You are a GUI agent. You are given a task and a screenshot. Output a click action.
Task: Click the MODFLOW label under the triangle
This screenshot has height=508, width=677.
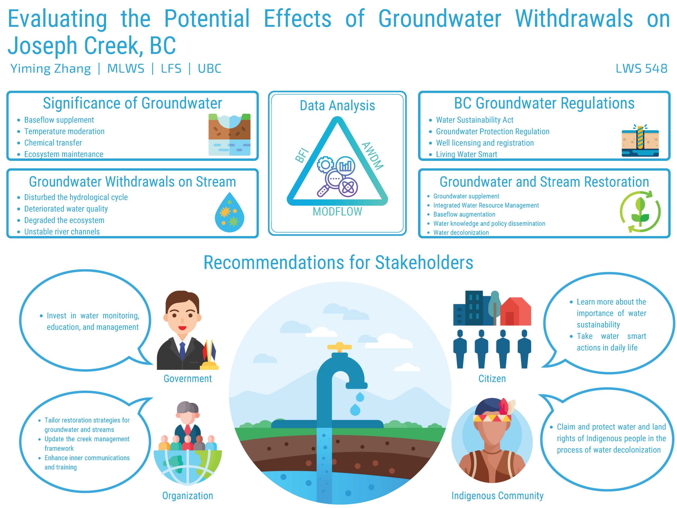[337, 212]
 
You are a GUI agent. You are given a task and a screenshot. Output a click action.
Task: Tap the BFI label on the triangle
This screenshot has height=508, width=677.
[302, 156]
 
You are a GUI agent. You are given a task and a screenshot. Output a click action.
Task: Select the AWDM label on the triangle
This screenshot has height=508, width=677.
[372, 156]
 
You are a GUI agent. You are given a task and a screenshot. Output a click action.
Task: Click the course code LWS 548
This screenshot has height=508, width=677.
[641, 68]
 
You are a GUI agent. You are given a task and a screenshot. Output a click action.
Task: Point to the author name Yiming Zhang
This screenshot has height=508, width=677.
[51, 69]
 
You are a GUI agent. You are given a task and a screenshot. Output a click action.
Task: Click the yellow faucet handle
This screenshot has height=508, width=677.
[339, 347]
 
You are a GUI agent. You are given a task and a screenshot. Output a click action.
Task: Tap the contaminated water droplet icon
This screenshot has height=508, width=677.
[230, 212]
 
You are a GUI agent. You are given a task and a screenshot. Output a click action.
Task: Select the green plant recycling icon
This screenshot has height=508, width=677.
[640, 211]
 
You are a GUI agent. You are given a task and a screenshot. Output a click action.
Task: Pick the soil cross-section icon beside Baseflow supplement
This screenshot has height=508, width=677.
[230, 134]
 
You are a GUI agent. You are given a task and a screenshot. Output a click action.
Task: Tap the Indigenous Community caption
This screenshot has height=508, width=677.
[498, 496]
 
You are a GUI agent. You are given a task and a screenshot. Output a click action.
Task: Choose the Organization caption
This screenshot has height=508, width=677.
[187, 496]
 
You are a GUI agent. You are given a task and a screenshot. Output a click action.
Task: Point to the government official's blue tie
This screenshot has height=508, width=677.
[182, 351]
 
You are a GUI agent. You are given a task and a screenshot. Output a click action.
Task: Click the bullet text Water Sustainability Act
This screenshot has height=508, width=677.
[475, 120]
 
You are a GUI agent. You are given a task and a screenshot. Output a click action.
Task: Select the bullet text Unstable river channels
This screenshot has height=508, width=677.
[62, 232]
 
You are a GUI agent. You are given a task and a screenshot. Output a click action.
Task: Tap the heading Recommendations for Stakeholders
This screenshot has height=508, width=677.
[338, 262]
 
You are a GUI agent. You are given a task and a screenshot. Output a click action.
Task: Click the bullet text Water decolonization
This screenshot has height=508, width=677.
[461, 232]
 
